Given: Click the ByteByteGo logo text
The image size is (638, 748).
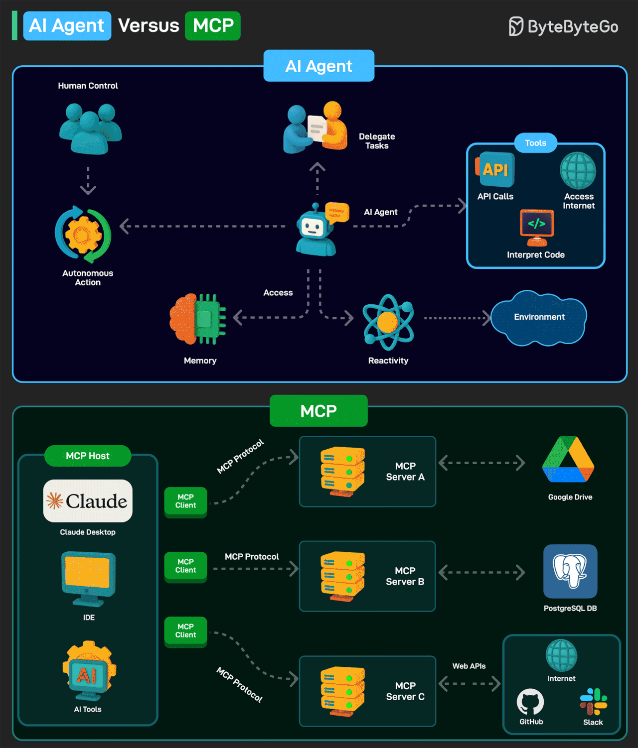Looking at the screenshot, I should coord(572,27).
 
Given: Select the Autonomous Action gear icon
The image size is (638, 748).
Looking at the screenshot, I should coord(83,234).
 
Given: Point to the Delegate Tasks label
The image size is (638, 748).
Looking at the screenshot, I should coord(377,141).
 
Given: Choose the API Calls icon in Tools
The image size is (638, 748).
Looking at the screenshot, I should coord(495,170).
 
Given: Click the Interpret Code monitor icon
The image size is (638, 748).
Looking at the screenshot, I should coord(536,227).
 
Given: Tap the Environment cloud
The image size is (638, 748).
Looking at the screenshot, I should coord(539,317).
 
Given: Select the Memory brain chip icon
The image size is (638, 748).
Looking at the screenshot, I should coord(198,319).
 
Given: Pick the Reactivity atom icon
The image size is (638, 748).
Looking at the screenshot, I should coord(388,322).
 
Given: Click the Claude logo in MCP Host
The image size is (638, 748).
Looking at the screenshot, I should coord(88,501).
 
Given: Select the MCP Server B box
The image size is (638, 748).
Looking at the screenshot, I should coord(367,576).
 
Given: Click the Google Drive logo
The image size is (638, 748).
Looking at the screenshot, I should coord(568,460).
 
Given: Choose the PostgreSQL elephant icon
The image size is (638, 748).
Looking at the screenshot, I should coord(570,571).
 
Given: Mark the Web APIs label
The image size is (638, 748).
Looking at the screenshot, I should coord(469,666).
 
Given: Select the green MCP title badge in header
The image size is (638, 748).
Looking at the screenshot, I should coord(213,26).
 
